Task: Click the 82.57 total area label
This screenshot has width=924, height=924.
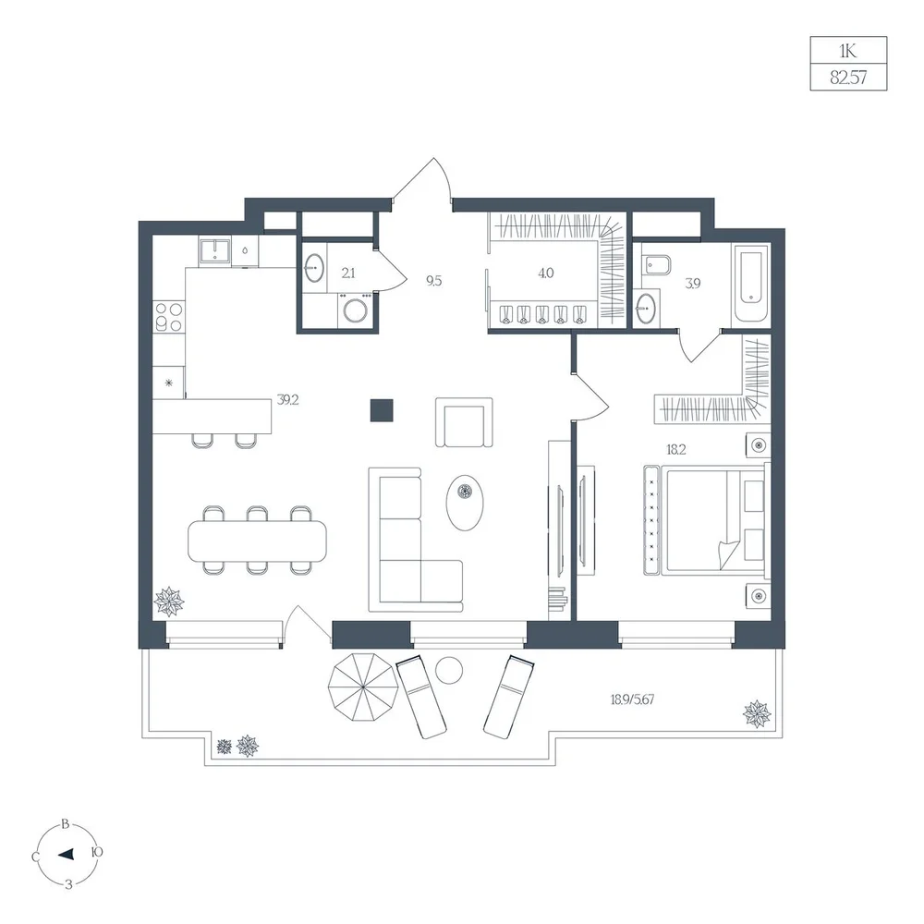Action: (x=848, y=78)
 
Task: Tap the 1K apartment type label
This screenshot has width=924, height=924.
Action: (x=848, y=51)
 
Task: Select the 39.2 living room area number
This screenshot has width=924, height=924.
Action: (x=287, y=400)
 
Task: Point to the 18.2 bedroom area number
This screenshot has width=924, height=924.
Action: (x=676, y=450)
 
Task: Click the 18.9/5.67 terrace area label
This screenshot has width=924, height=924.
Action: (x=632, y=699)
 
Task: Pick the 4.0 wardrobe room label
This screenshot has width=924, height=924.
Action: (x=546, y=273)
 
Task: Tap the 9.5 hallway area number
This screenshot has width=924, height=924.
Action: (x=433, y=281)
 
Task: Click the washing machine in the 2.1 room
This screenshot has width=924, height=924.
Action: (x=356, y=310)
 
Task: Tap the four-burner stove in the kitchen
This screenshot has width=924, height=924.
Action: (x=168, y=316)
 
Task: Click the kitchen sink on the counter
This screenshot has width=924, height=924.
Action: (x=214, y=251)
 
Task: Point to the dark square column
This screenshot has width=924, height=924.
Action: (x=382, y=410)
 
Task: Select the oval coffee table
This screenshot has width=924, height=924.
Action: (x=465, y=503)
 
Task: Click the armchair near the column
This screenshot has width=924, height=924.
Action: (x=465, y=422)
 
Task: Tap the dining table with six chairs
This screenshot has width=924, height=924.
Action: (x=257, y=540)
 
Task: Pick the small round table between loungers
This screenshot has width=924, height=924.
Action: (x=449, y=670)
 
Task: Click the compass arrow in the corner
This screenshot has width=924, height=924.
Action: (x=66, y=854)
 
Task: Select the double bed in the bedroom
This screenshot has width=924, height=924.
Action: (x=707, y=519)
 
